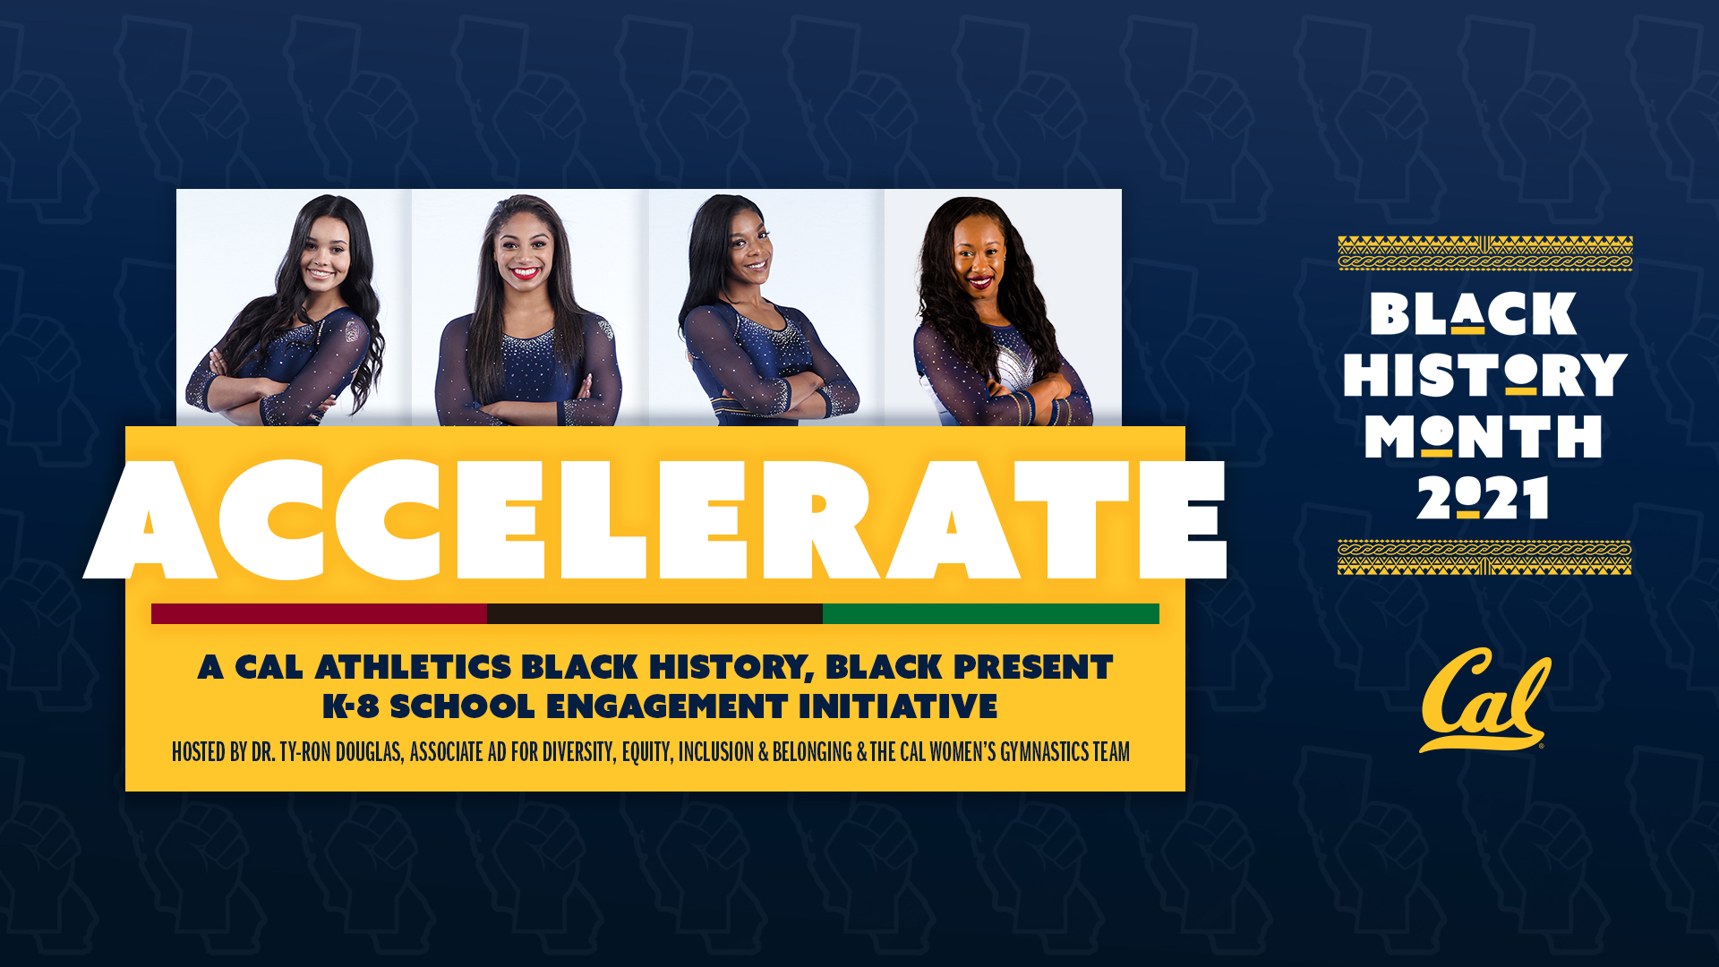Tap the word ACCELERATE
pyautogui.click(x=654, y=519)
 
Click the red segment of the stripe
pyautogui.click(x=319, y=613)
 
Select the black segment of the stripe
pyautogui.click(x=654, y=613)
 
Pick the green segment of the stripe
pyautogui.click(x=991, y=613)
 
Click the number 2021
pyautogui.click(x=1484, y=498)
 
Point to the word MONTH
pyautogui.click(x=1484, y=437)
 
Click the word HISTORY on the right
pyautogui.click(x=1484, y=375)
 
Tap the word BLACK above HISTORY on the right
pyautogui.click(x=1473, y=313)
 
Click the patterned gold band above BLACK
pyautogui.click(x=1485, y=253)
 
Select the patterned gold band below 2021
pyautogui.click(x=1484, y=557)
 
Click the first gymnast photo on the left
pyautogui.click(x=294, y=307)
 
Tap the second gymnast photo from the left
pyautogui.click(x=530, y=307)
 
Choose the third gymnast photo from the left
pyautogui.click(x=766, y=307)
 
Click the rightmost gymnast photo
pyautogui.click(x=1003, y=307)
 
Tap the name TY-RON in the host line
pyautogui.click(x=305, y=751)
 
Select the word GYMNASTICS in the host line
pyautogui.click(x=1036, y=751)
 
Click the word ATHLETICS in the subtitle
pyautogui.click(x=413, y=667)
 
